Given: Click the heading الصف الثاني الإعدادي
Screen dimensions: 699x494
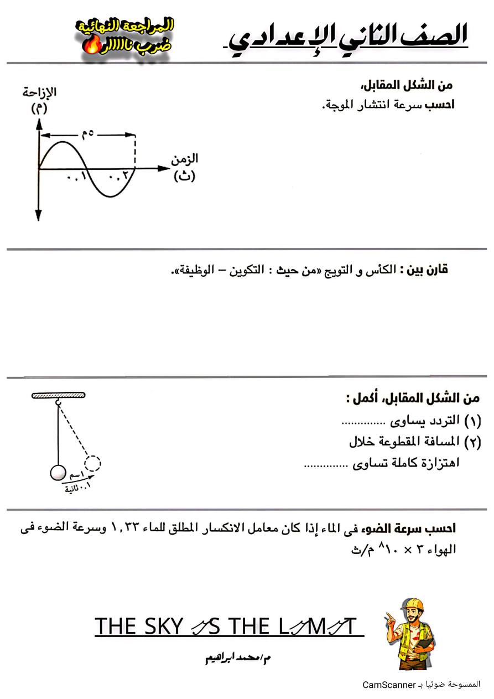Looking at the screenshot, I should (x=349, y=37).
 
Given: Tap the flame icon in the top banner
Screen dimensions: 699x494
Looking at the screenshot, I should (x=89, y=46).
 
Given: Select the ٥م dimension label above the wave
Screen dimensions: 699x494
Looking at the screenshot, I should (x=87, y=133).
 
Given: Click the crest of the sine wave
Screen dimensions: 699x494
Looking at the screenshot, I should (x=63, y=143).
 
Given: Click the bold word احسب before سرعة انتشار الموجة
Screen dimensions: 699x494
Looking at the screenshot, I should (x=440, y=105).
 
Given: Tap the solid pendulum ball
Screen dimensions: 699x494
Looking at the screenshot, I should (x=58, y=473).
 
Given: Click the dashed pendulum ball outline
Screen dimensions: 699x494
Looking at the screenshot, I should (x=93, y=463).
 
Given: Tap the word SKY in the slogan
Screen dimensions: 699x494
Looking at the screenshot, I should (x=162, y=626).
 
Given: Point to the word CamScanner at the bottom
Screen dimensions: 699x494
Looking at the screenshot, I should (x=389, y=685).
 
